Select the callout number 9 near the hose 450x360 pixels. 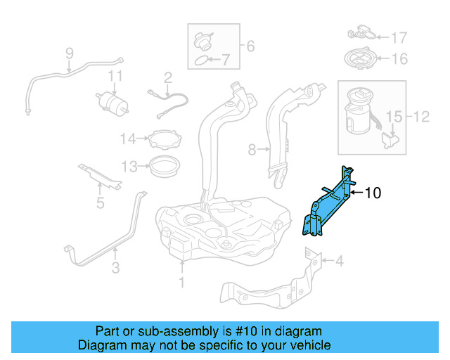click(70, 53)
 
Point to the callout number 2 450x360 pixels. click(168, 77)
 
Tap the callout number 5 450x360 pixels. click(100, 203)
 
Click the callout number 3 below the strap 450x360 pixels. click(115, 267)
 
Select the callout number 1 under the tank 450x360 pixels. click(181, 283)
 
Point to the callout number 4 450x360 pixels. click(339, 262)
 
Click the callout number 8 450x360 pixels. click(252, 149)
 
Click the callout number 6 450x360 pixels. click(250, 47)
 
